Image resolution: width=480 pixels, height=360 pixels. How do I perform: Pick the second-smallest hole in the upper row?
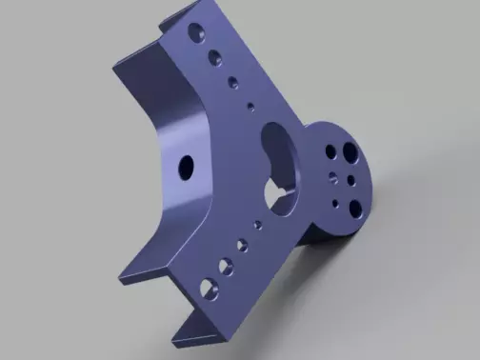[x=232, y=81]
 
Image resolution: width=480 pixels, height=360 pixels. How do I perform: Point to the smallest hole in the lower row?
[x=257, y=226]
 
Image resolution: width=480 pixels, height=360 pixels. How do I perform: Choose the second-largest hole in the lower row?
[x=225, y=264]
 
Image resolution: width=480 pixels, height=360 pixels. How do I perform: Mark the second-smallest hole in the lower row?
[x=241, y=244]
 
